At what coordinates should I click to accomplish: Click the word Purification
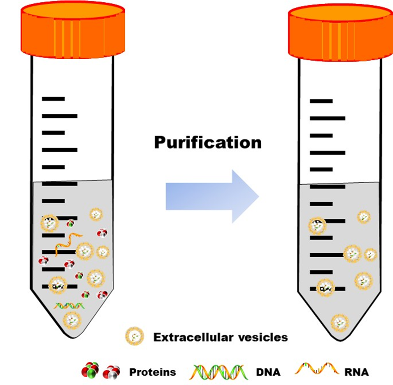208,142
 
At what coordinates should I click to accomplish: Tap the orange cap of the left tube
73,30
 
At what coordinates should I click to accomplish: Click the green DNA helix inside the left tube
69,305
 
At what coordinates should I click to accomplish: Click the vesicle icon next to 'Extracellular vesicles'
134,336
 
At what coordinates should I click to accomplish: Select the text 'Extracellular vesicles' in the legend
221,337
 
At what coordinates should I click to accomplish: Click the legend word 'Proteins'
153,372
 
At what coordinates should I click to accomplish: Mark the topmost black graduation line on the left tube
53,99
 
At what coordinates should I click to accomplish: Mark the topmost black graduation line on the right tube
321,101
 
